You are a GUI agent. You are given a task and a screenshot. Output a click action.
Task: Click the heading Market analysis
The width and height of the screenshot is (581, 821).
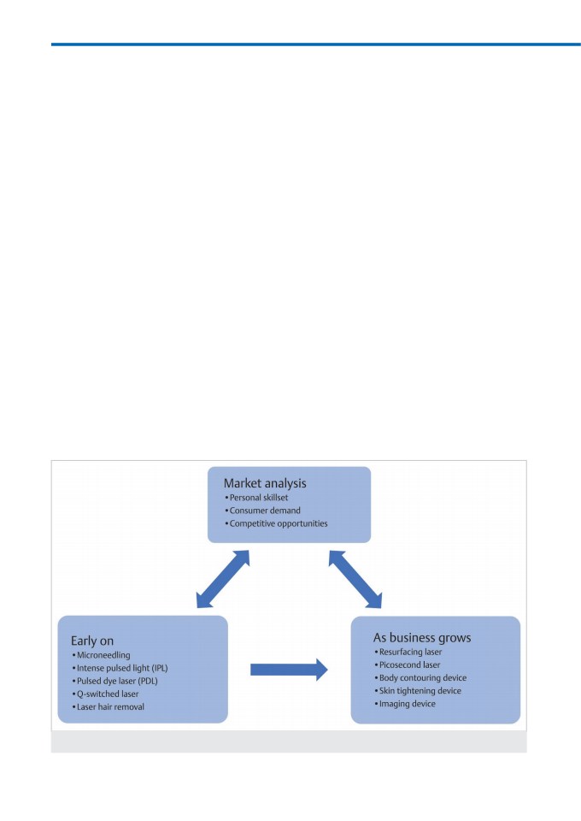[265, 483]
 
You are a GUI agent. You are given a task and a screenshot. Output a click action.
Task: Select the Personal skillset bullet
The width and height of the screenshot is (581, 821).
[256, 498]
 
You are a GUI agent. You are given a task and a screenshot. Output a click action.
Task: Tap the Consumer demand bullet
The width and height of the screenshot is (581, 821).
[262, 511]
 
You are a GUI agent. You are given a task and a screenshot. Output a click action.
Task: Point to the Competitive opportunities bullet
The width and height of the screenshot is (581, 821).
[276, 523]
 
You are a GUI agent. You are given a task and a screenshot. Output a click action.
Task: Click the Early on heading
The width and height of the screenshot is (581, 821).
[92, 641]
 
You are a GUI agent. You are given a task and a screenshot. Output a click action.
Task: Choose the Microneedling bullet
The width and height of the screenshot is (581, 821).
[102, 655]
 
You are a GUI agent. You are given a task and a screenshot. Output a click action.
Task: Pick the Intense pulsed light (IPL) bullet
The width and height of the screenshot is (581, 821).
[120, 668]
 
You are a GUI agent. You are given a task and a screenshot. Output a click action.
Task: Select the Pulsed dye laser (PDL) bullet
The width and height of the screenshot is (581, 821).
[115, 682]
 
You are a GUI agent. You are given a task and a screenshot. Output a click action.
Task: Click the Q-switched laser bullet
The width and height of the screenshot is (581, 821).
[106, 694]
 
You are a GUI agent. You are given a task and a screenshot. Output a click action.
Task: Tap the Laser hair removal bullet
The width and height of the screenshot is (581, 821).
[109, 707]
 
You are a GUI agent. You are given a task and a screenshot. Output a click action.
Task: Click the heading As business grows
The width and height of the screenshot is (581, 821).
[422, 638]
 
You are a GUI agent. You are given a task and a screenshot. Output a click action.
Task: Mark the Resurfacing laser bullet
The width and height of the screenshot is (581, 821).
[408, 652]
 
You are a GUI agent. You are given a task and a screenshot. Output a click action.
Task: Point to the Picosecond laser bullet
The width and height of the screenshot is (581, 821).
[408, 665]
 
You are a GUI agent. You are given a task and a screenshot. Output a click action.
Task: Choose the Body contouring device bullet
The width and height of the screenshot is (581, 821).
[420, 678]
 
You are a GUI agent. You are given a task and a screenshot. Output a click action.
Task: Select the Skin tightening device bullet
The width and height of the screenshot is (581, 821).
[418, 691]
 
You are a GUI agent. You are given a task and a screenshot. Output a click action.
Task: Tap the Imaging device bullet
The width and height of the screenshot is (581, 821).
[405, 704]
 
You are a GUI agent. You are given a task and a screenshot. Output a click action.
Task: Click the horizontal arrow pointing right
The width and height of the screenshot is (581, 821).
[289, 669]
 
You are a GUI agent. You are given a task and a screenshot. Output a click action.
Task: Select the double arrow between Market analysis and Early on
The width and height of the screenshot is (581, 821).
[223, 579]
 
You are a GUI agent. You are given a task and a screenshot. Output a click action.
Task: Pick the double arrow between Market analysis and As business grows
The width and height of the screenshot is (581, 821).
[355, 579]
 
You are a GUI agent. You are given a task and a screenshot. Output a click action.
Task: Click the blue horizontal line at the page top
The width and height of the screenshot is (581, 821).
[316, 44]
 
